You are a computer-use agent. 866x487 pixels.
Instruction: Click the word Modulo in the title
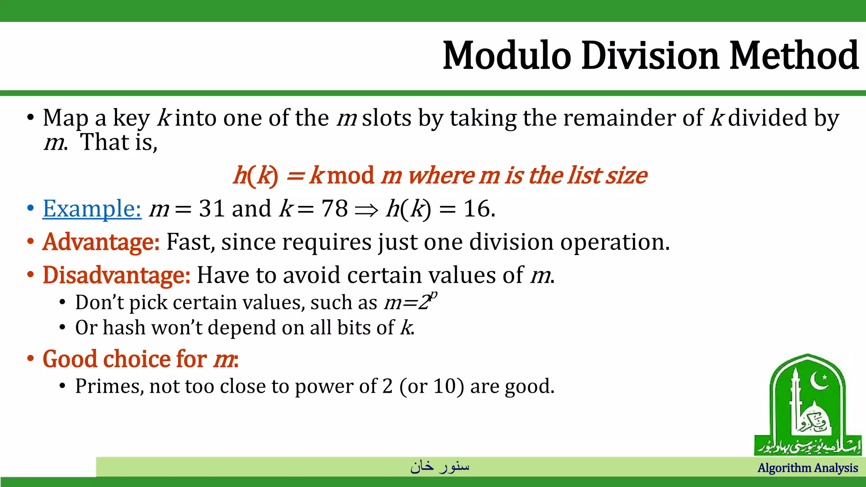coord(507,56)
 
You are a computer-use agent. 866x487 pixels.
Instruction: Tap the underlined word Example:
coord(92,209)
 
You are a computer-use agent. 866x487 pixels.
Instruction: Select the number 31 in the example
coord(211,209)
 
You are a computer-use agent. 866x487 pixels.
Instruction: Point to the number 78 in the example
coord(334,209)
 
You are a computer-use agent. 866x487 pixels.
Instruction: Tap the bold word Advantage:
coord(101,242)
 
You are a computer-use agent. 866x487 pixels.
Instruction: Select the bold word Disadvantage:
coord(116,276)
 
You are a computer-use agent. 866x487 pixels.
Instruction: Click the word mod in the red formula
coord(351,175)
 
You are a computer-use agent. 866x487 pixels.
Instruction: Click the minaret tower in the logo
coord(795,406)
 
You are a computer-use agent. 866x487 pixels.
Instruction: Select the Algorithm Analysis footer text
coord(807,468)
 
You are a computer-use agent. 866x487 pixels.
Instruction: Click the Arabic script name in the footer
coord(439,466)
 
